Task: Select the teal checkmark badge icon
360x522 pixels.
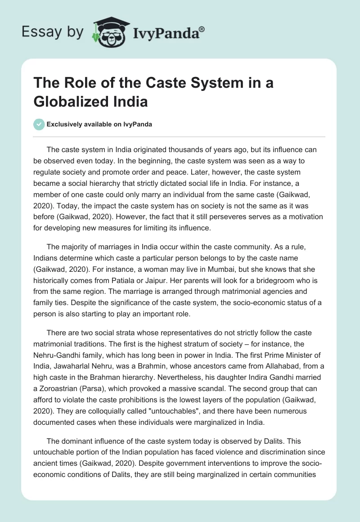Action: point(40,124)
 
